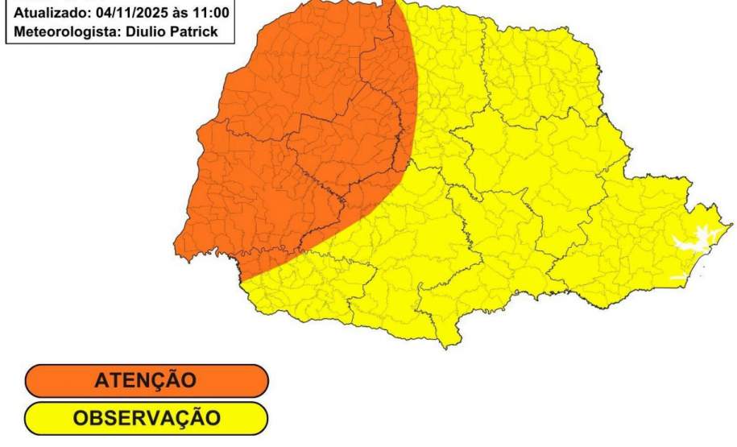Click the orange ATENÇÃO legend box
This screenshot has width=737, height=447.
[x=145, y=381]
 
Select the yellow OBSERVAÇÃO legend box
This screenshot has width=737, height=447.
[x=145, y=419]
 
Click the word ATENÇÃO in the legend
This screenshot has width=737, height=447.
[x=145, y=381]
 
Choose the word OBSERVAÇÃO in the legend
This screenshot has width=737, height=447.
[x=145, y=419]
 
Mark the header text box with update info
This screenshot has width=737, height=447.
[x=110, y=23]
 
